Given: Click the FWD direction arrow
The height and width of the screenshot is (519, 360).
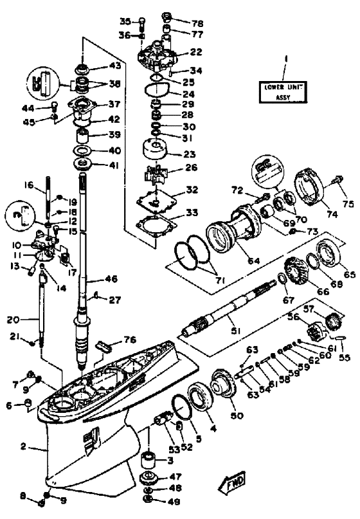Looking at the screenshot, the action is click(232, 481).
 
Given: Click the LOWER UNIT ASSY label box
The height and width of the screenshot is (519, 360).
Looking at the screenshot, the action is click(283, 92).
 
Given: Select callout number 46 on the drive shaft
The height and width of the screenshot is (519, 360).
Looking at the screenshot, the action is click(111, 278).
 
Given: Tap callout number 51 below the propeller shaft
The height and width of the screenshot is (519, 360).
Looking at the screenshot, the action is click(235, 330).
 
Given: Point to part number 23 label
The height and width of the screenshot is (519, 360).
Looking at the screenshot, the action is click(189, 154).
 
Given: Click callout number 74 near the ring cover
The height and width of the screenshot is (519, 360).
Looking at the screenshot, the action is click(332, 214).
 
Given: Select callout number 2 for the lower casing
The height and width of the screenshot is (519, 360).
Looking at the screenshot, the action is click(23, 446).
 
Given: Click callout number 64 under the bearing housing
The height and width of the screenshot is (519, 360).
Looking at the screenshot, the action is click(253, 260).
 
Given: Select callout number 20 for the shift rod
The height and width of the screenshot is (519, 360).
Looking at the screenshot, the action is click(14, 320).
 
